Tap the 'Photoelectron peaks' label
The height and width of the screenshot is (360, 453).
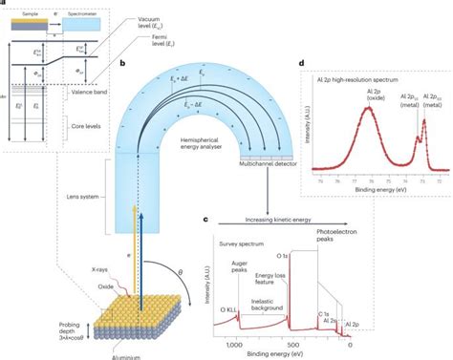pyautogui.click(x=404, y=232)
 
